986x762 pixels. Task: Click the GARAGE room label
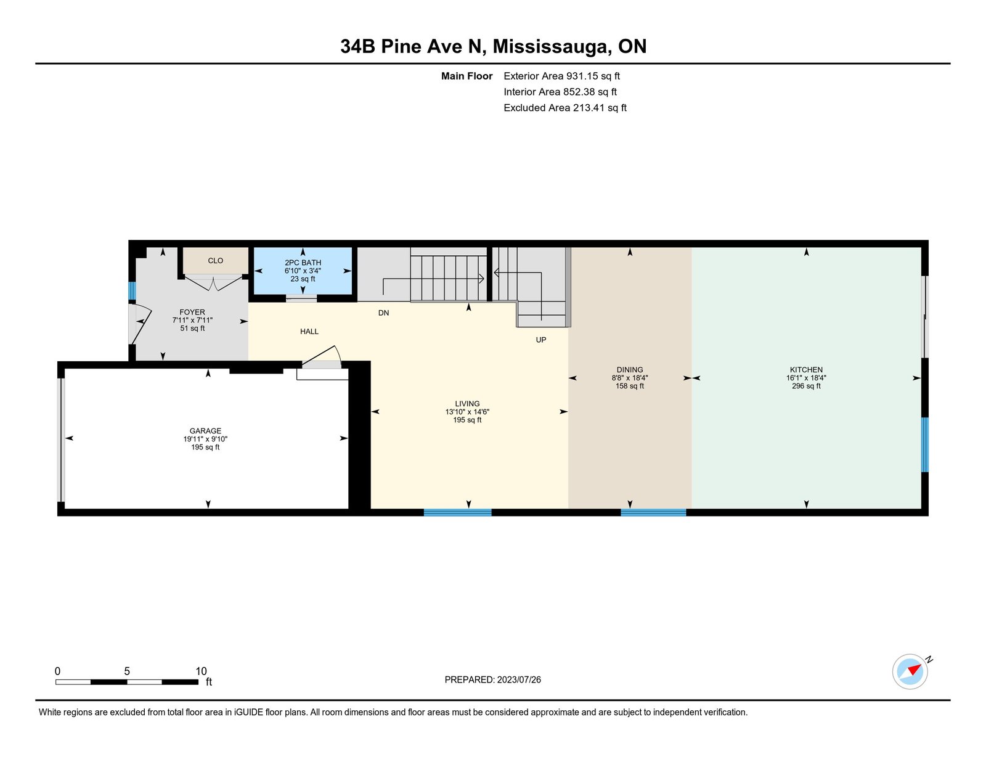pyautogui.click(x=205, y=431)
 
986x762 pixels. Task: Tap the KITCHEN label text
pyautogui.click(x=806, y=369)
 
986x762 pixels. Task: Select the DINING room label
pyautogui.click(x=629, y=369)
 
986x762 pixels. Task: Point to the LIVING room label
pyautogui.click(x=467, y=403)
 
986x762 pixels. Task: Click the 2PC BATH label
pyautogui.click(x=303, y=262)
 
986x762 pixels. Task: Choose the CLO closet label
pyautogui.click(x=215, y=261)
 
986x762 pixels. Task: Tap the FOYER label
pyautogui.click(x=192, y=312)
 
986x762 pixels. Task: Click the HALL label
pyautogui.click(x=309, y=331)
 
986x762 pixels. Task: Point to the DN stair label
pyautogui.click(x=383, y=313)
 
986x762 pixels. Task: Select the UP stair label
pyautogui.click(x=540, y=340)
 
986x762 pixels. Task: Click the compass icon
pyautogui.click(x=910, y=671)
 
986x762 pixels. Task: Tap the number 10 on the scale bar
pyautogui.click(x=201, y=671)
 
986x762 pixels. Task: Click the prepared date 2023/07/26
pyautogui.click(x=519, y=679)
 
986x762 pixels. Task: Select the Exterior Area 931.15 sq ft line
pyautogui.click(x=561, y=76)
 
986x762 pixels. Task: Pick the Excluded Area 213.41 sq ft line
pyautogui.click(x=564, y=107)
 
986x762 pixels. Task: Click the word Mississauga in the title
pyautogui.click(x=549, y=46)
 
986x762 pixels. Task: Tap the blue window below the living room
pyautogui.click(x=457, y=512)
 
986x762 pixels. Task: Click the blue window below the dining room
pyautogui.click(x=653, y=512)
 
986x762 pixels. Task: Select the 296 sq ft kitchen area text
pyautogui.click(x=806, y=386)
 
